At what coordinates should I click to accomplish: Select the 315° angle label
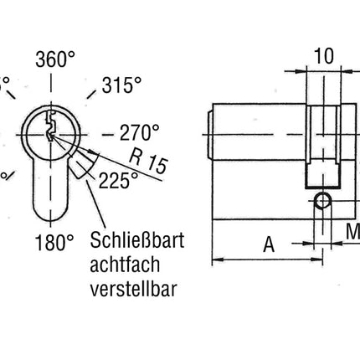[x=122, y=85]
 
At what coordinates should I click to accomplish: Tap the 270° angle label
[x=140, y=133]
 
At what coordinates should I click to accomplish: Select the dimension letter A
[x=269, y=244]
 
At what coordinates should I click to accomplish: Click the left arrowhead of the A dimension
[x=217, y=260]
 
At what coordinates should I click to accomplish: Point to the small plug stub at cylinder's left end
[x=208, y=133]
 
